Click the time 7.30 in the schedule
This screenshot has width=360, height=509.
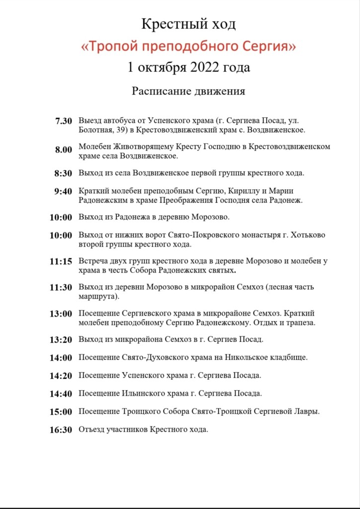click(x=64, y=121)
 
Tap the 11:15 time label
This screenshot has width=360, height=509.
click(x=61, y=261)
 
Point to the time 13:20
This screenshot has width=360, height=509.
click(x=61, y=340)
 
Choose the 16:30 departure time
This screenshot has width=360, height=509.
click(x=61, y=430)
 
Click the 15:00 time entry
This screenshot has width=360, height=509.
click(x=61, y=412)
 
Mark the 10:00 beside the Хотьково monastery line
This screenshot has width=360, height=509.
click(x=61, y=236)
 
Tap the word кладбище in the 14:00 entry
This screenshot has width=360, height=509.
click(x=289, y=357)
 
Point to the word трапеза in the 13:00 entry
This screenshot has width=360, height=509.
click(x=300, y=323)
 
